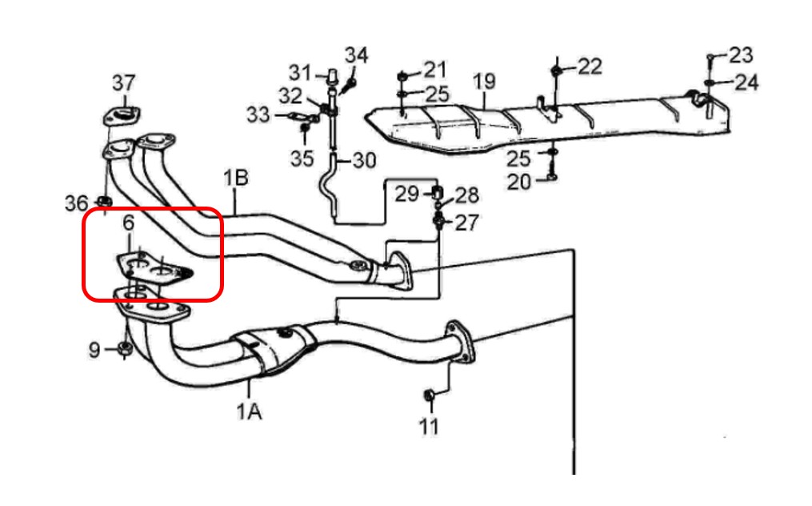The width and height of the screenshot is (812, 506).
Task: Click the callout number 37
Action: [x=123, y=82]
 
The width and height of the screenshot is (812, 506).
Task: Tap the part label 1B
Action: [x=236, y=178]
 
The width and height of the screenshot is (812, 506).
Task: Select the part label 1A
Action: [x=248, y=412]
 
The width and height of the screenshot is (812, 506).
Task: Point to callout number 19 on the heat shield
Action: [x=484, y=81]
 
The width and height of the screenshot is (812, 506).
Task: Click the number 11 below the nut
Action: [x=429, y=426]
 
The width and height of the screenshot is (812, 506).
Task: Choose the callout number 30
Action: [x=363, y=161]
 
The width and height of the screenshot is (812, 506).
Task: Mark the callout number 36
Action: [x=77, y=203]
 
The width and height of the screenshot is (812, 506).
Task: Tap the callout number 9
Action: [x=94, y=349]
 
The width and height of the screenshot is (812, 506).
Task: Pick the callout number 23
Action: [x=741, y=55]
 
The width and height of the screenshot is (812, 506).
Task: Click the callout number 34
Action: [x=356, y=55]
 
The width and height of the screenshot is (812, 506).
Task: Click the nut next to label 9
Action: [x=125, y=348]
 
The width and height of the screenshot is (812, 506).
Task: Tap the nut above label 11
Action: [x=428, y=395]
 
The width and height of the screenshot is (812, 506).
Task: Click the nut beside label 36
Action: [x=103, y=201]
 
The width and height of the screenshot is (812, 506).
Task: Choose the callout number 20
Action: [x=518, y=182]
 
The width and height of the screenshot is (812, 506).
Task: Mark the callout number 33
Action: [x=258, y=115]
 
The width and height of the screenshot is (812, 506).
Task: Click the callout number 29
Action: [x=406, y=193]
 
